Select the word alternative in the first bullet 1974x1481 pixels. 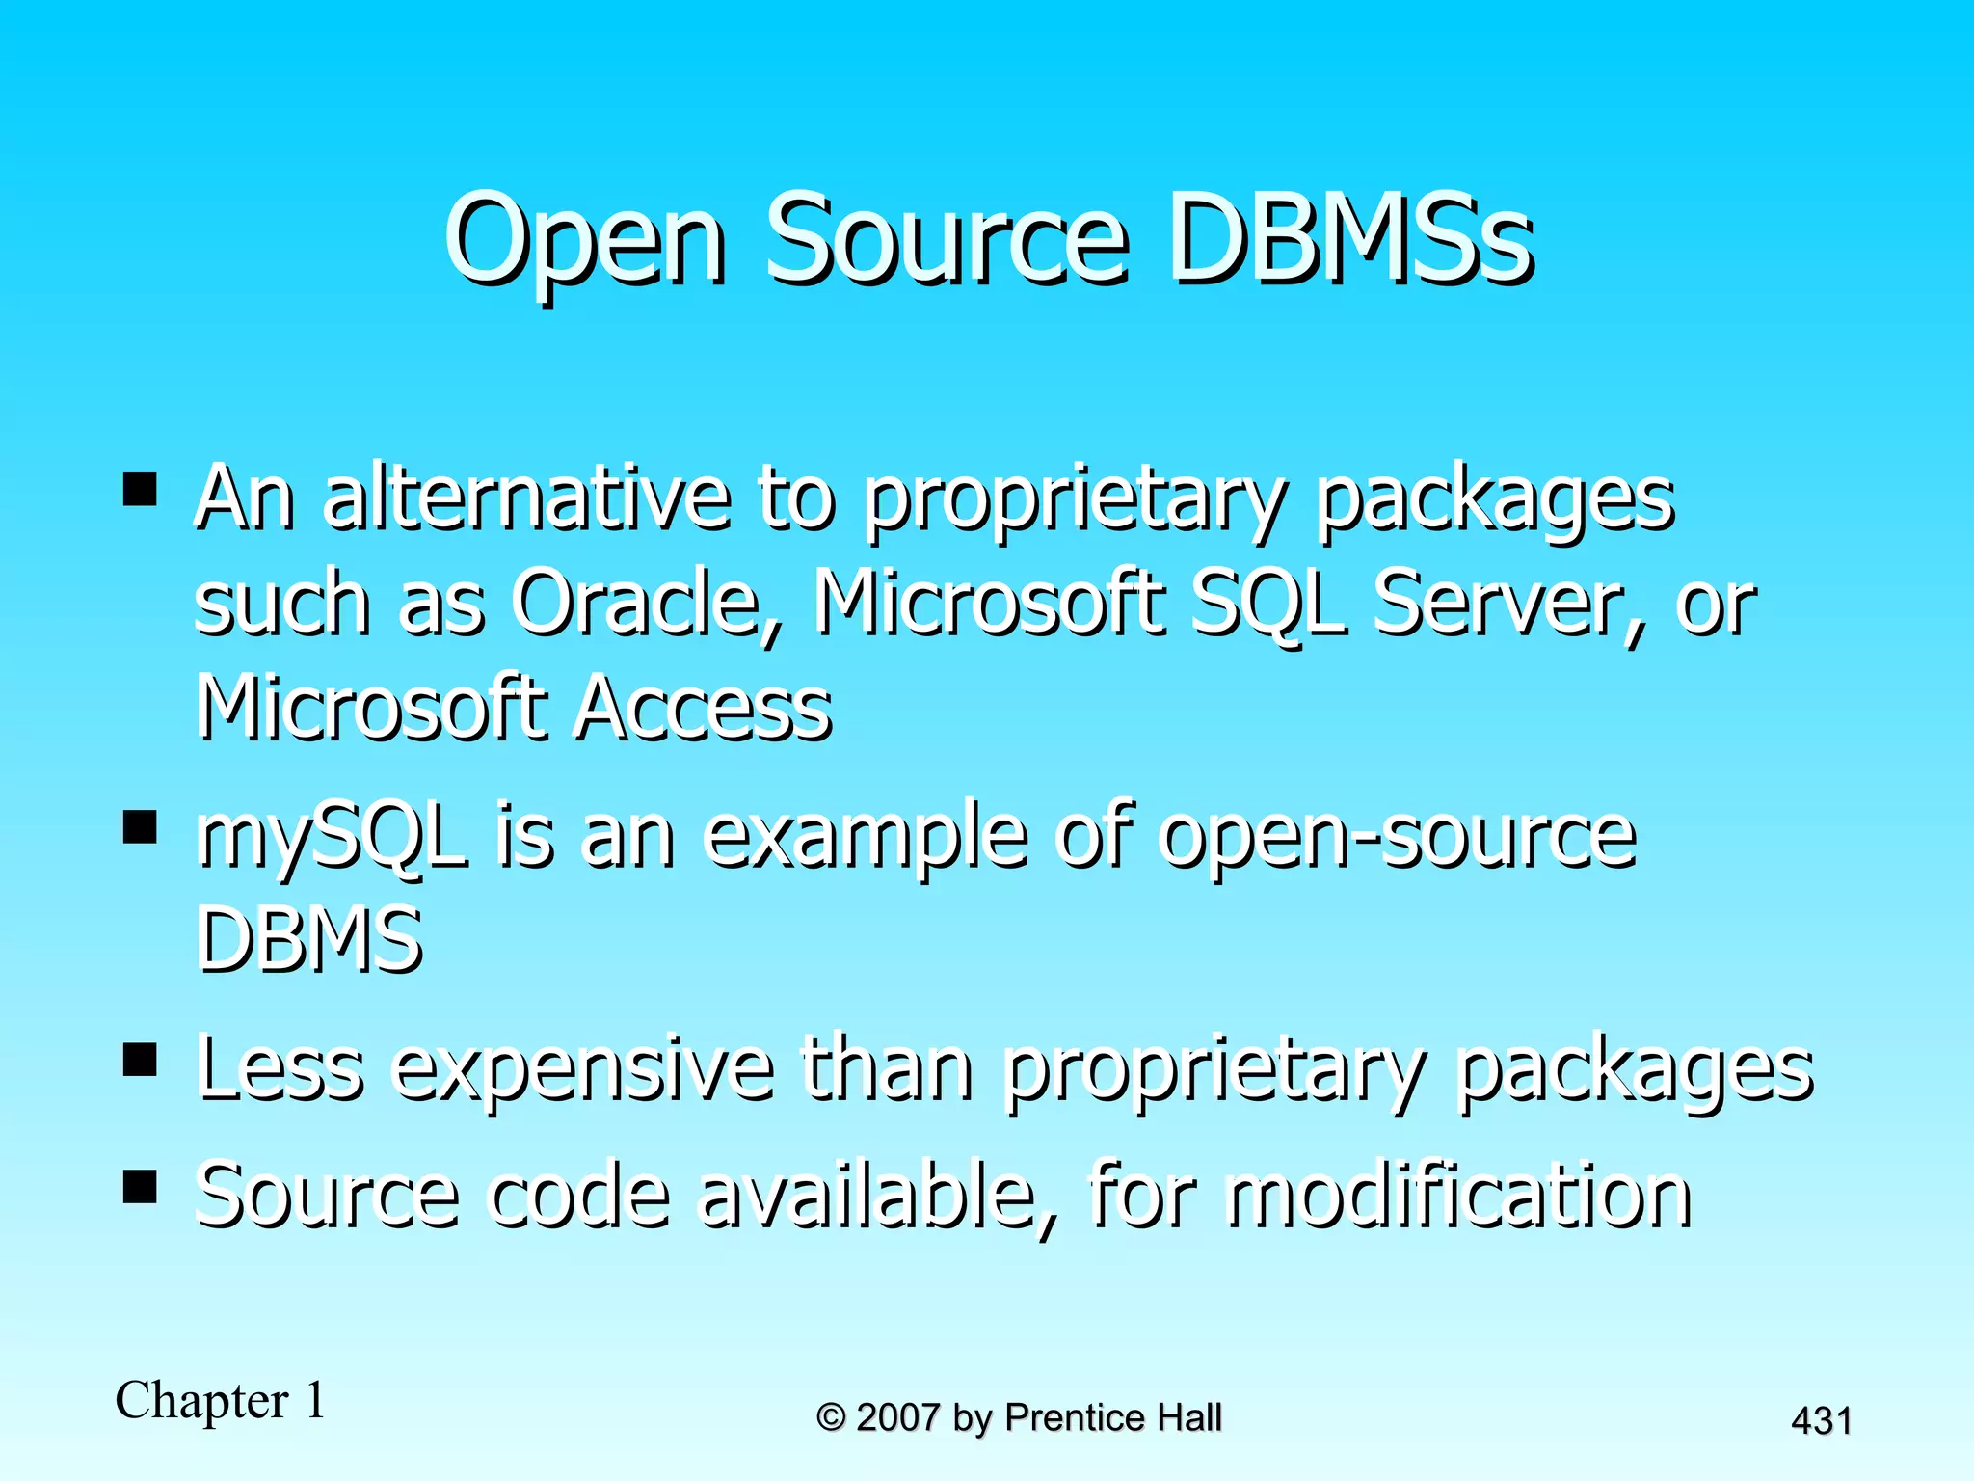[526, 498]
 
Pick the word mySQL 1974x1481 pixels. [332, 836]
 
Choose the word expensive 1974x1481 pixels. [583, 1070]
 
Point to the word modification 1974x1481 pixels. [1459, 1196]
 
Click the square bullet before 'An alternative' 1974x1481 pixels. [141, 489]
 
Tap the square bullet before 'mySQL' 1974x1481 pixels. [141, 826]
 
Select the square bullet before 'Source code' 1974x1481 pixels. [141, 1186]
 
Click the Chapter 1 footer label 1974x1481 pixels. [220, 1400]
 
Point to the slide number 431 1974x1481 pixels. [1821, 1421]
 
